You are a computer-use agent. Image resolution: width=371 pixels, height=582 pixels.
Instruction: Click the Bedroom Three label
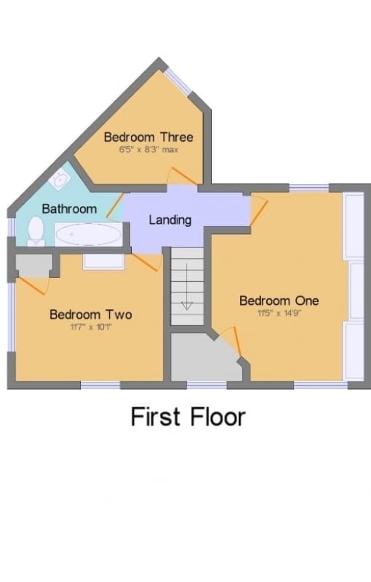[x=148, y=137]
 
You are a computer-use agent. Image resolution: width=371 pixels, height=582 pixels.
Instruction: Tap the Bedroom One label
[x=279, y=300]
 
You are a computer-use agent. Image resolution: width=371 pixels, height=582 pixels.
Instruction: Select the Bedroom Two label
[x=91, y=314]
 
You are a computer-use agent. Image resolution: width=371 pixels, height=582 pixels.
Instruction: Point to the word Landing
[x=170, y=220]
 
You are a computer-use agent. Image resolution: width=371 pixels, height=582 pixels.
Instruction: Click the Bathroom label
[x=69, y=209]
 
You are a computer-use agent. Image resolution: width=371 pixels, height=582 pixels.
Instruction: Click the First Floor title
[x=188, y=416]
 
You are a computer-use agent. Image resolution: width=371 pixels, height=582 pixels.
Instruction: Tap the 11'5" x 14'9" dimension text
[x=279, y=313]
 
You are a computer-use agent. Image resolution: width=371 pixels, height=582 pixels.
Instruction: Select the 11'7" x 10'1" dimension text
[x=91, y=327]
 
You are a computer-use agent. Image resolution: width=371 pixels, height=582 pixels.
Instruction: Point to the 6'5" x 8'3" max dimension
[x=148, y=150]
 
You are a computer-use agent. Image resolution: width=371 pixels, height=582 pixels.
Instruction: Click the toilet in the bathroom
[x=36, y=231]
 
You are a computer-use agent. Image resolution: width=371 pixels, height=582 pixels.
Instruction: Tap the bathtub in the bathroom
[x=88, y=234]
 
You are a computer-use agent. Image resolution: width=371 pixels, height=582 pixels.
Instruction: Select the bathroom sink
[x=60, y=180]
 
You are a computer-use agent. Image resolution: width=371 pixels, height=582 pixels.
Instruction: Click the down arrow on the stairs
[x=187, y=287]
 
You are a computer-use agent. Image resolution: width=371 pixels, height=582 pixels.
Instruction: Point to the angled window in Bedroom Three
[x=178, y=81]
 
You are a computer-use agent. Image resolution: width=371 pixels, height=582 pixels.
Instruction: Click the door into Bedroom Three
[x=182, y=177]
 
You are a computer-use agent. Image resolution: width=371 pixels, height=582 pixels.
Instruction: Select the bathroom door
[x=115, y=205]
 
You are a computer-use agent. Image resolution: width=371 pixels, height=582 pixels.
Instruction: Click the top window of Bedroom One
[x=309, y=188]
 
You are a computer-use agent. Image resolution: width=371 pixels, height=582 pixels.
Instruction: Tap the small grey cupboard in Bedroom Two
[x=33, y=265]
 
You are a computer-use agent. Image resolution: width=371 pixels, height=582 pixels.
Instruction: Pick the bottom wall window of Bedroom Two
[x=100, y=386]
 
